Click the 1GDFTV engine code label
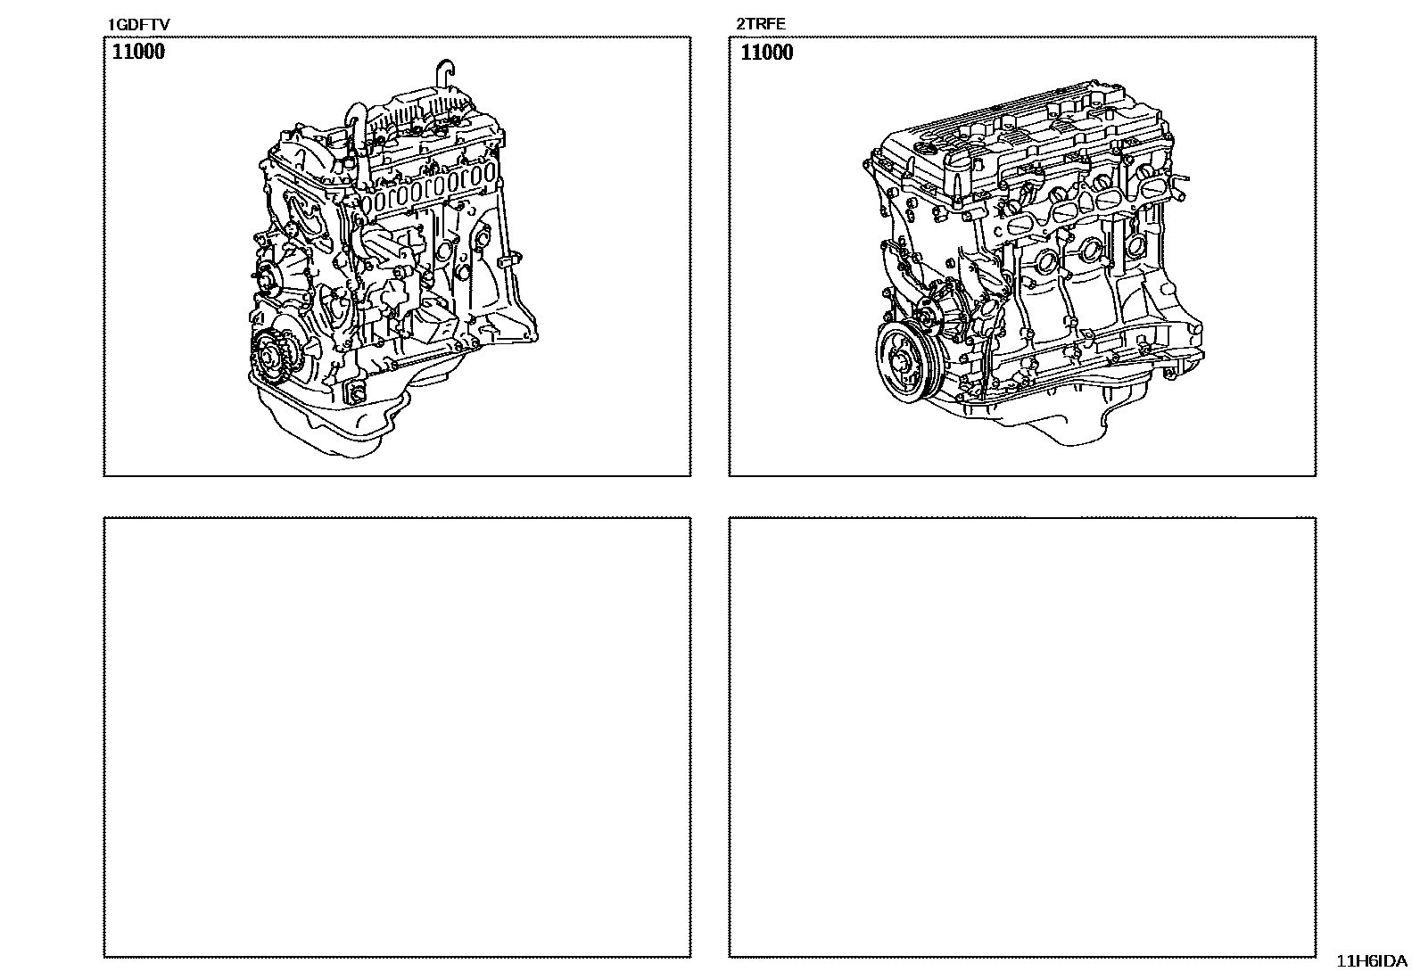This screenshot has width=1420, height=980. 138,25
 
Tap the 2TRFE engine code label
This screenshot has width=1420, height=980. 760,24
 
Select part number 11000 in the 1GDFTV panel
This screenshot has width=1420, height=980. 138,52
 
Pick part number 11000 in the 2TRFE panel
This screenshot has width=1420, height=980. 767,52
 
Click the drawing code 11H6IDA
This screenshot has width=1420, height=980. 1371,961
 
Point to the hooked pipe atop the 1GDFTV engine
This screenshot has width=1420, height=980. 446,76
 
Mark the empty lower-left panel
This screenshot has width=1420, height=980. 398,737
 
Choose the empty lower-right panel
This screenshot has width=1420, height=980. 1022,737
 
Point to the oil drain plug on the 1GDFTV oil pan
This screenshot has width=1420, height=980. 356,394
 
